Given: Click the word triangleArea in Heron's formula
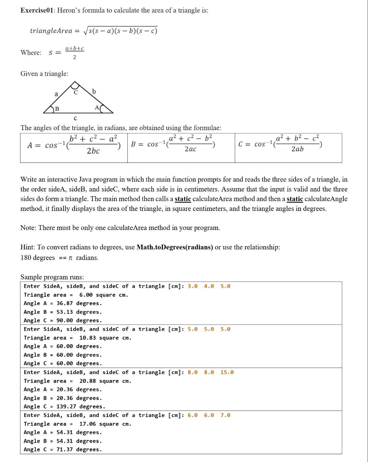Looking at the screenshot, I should (51, 31).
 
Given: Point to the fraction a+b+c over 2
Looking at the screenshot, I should (75, 53).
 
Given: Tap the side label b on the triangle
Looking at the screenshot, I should (94, 91).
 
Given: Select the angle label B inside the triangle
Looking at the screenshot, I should (57, 109).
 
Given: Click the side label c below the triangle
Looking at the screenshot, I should (75, 118).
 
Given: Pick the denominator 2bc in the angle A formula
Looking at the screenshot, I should (93, 151).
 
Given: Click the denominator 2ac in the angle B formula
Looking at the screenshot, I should (190, 149).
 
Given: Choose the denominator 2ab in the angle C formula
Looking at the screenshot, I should (297, 149).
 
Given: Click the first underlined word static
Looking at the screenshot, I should (183, 199).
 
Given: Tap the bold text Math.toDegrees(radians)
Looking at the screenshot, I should (175, 247).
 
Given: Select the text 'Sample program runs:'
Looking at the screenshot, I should (52, 277).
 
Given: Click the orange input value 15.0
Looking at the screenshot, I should (227, 372).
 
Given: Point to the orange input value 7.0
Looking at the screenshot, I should (225, 415).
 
